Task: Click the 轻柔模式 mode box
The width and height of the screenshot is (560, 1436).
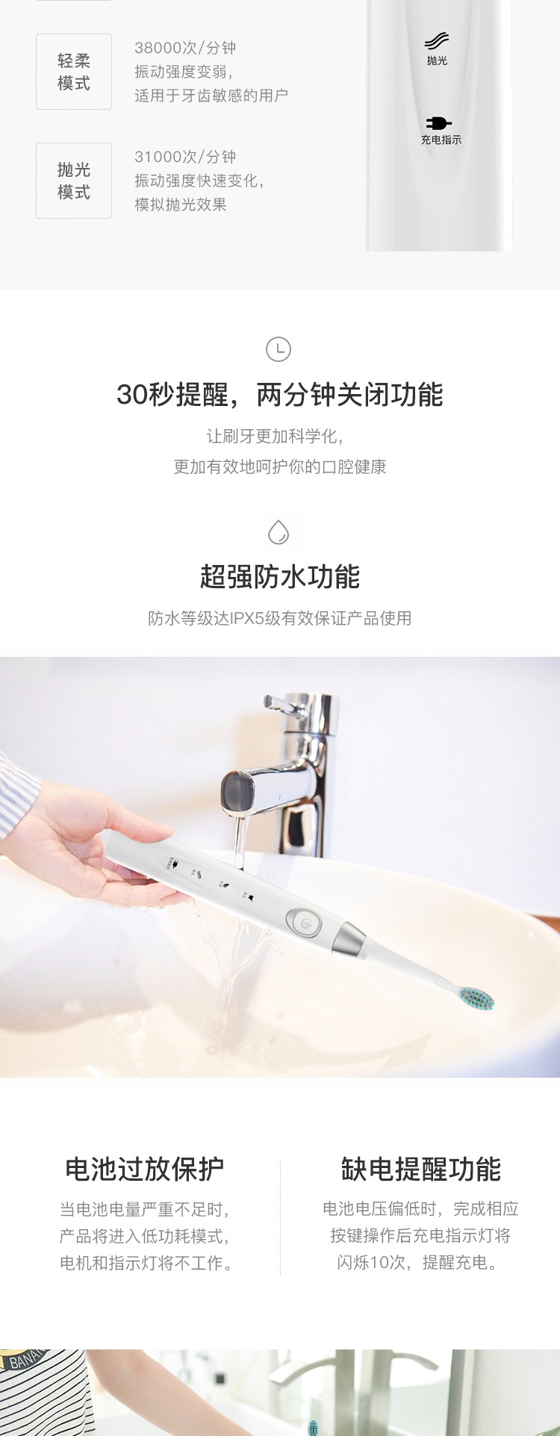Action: (74, 72)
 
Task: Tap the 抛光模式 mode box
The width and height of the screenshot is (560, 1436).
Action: (74, 181)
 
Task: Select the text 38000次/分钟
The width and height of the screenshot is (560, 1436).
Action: (185, 48)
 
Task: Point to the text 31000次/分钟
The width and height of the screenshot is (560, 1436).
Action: (185, 157)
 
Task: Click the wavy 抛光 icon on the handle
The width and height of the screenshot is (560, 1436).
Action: (437, 40)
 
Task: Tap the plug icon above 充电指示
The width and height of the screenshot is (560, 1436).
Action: (439, 123)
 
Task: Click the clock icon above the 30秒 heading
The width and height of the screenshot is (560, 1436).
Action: (279, 349)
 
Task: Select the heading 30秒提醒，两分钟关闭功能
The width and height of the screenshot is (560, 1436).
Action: (280, 395)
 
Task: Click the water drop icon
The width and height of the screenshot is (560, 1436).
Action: (279, 533)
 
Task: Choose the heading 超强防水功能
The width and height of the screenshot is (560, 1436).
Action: (280, 576)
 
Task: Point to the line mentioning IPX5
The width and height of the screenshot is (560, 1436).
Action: (280, 618)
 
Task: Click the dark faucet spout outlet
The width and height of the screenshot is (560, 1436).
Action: (237, 791)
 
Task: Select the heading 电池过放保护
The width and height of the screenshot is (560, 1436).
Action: (145, 1169)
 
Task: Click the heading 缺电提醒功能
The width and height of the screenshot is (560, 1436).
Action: (421, 1169)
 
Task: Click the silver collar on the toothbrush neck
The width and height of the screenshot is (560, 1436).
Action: (352, 941)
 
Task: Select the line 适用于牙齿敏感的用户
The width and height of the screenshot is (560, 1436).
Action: (211, 96)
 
